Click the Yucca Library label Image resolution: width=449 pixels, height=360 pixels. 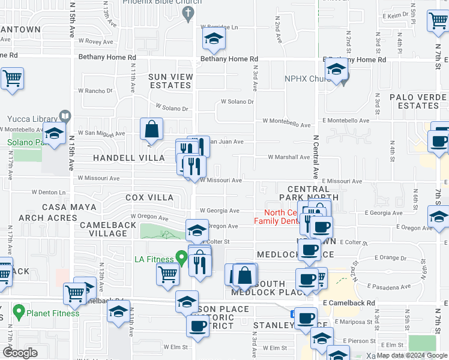(x=31, y=118)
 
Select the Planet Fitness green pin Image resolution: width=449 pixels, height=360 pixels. (x=19, y=312)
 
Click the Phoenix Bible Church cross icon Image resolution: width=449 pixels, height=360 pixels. (x=188, y=13)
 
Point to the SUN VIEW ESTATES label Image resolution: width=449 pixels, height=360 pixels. (x=170, y=81)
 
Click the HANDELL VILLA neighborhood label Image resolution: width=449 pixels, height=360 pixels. (x=128, y=158)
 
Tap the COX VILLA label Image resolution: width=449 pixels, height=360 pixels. (x=149, y=197)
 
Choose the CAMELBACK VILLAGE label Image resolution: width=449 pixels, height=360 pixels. (x=103, y=229)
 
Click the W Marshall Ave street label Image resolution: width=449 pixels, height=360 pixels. (x=289, y=158)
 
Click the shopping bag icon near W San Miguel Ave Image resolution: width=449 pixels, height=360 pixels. (x=152, y=128)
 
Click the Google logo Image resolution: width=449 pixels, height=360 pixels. (x=20, y=353)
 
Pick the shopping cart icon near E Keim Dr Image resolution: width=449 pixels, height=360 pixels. (x=438, y=21)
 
